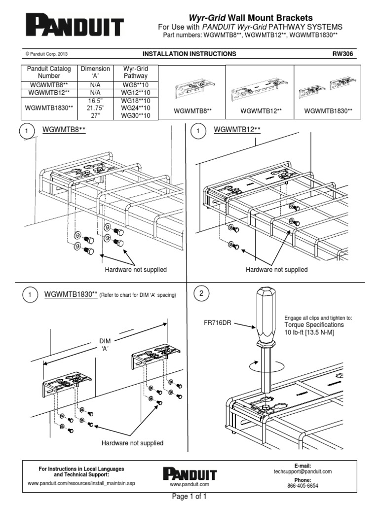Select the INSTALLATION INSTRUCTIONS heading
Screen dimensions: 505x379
(189, 54)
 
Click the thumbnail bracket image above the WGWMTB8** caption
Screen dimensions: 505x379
(192, 92)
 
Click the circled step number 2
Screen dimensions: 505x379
(201, 294)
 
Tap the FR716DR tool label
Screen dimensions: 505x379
(217, 323)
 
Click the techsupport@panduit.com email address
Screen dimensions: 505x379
(303, 471)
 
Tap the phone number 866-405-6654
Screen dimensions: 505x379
(303, 485)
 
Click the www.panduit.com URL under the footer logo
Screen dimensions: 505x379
(190, 484)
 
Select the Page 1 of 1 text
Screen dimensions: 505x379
(189, 497)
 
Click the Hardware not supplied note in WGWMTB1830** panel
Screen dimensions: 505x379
(132, 443)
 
